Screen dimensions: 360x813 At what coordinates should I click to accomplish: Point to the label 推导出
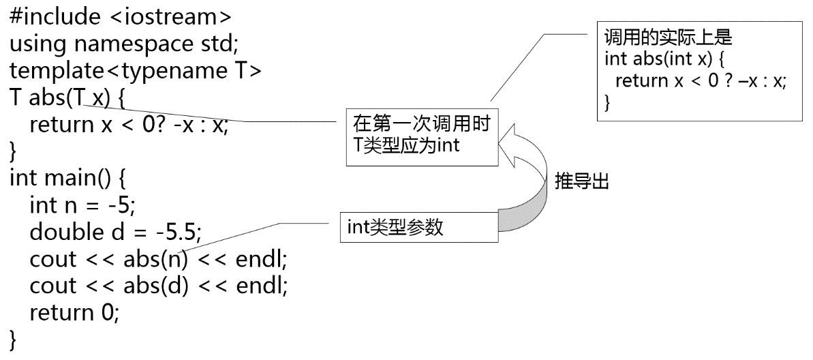(581, 183)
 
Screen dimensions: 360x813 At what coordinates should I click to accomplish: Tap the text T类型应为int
(407, 145)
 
